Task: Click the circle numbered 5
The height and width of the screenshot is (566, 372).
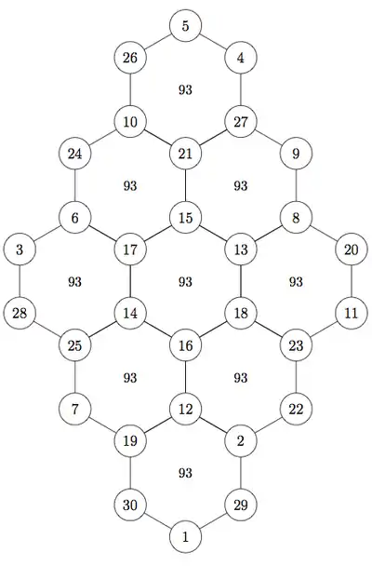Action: (x=185, y=26)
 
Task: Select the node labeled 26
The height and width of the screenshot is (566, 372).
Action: (x=130, y=58)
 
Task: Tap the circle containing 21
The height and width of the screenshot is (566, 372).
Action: (x=185, y=154)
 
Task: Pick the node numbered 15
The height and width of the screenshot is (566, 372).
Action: (x=185, y=218)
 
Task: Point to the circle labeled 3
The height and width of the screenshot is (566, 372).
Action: (x=20, y=249)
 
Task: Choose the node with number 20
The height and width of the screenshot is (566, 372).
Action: (x=352, y=249)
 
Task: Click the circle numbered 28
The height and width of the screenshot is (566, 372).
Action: (x=20, y=314)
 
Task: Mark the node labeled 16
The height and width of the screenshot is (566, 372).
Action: (x=185, y=345)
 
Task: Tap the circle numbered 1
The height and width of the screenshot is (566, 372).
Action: (x=185, y=537)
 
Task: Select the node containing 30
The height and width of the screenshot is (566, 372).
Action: (x=130, y=505)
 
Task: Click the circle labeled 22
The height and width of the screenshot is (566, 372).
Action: (x=296, y=410)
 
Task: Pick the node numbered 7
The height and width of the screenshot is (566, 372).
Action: (x=74, y=410)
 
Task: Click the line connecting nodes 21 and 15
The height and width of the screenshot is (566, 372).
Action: (x=185, y=186)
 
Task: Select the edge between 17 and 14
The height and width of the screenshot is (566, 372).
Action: (x=130, y=281)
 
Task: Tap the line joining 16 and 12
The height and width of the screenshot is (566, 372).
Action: (x=185, y=377)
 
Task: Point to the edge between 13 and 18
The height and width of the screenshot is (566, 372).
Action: (x=241, y=281)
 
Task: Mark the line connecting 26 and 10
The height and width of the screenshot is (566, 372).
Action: (x=130, y=90)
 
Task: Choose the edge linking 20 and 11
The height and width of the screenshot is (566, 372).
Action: (x=352, y=281)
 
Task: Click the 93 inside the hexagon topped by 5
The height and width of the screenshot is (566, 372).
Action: (x=185, y=90)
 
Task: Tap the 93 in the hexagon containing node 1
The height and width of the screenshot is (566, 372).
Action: (x=185, y=473)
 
